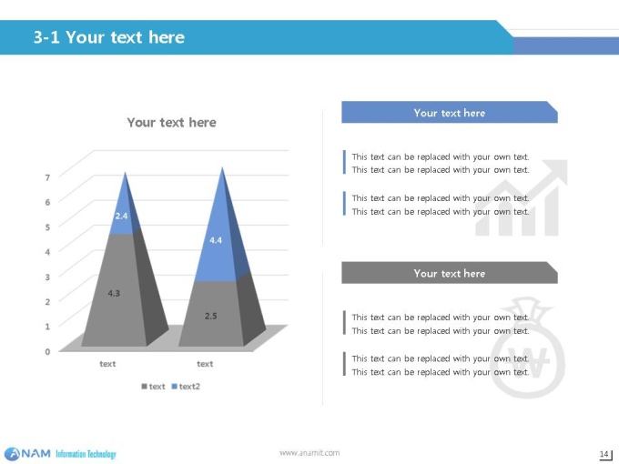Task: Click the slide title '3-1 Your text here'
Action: pos(109,37)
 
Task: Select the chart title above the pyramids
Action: pos(171,122)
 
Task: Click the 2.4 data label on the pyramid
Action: pos(121,216)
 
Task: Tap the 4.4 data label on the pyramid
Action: pos(216,240)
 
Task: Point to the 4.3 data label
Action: pos(114,293)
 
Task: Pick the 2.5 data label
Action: pos(211,316)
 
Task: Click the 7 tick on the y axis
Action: pos(47,177)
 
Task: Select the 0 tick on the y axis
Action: pos(47,351)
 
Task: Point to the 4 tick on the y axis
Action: pos(47,252)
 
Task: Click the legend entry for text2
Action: pos(186,387)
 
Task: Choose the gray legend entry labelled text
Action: pos(153,387)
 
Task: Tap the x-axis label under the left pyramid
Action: pos(107,364)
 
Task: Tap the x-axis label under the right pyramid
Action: pos(205,364)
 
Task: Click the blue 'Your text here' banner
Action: pos(450,113)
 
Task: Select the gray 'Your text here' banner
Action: pos(450,273)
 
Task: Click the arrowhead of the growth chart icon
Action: pos(556,170)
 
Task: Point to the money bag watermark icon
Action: pos(527,348)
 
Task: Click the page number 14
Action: pos(604,454)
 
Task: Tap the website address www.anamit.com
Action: pos(309,453)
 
